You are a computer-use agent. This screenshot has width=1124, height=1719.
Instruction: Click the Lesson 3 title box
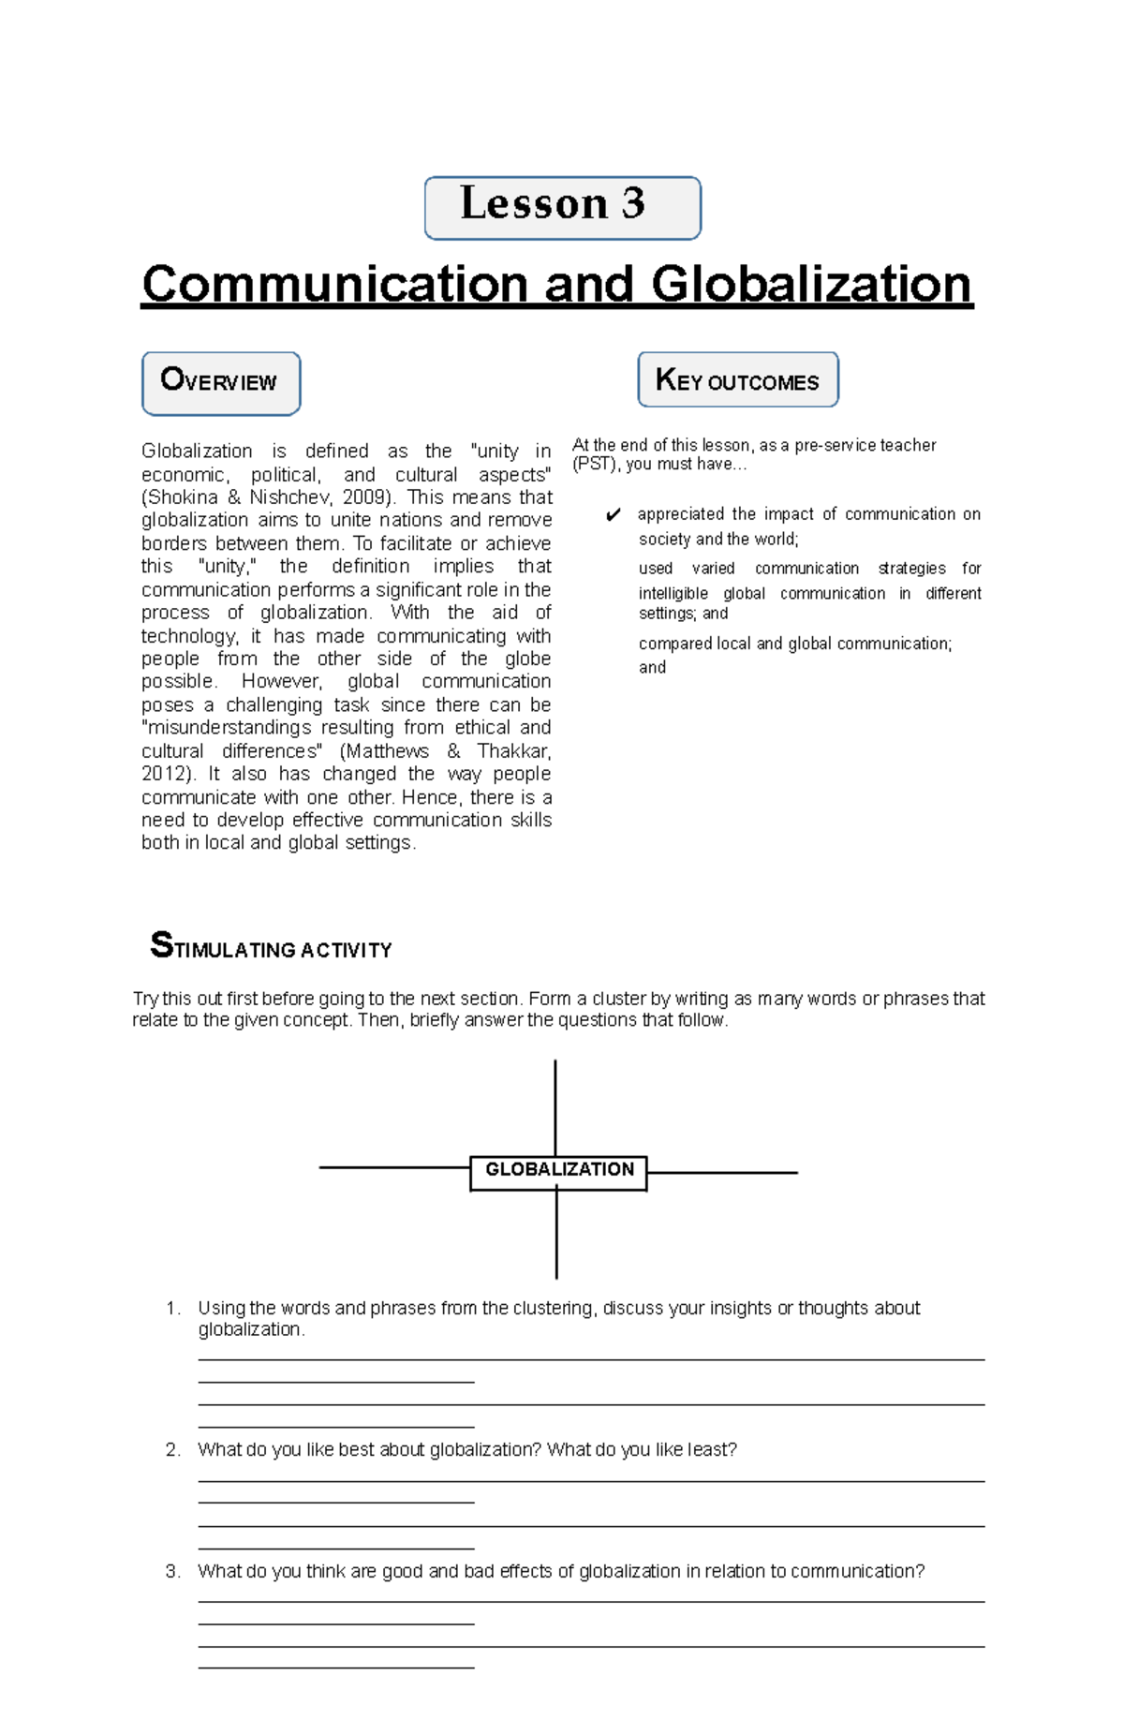(562, 207)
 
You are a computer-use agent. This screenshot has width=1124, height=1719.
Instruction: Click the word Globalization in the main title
(810, 284)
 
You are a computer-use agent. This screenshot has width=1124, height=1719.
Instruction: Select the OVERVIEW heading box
(221, 383)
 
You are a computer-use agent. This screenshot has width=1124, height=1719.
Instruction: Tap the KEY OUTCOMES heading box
(737, 379)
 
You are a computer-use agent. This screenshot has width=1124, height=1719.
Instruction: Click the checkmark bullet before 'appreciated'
(614, 515)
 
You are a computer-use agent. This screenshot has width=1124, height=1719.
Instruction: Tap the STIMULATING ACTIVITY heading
(272, 947)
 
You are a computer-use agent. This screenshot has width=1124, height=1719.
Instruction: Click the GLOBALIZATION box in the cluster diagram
(558, 1171)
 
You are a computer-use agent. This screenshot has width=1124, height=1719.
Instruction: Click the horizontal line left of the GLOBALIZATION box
(393, 1167)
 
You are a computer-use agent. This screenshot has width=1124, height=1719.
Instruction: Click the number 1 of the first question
(171, 1309)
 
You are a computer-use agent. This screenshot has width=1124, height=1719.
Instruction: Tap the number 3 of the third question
(171, 1571)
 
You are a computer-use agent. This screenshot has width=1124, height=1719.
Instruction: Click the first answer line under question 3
(590, 1602)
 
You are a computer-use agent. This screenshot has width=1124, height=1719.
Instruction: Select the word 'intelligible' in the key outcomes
(673, 594)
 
